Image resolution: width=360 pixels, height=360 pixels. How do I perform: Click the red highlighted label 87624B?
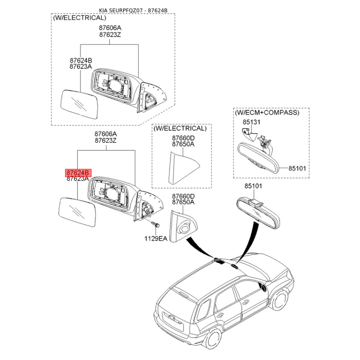click(78, 172)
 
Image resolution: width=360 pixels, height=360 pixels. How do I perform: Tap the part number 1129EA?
click(156, 238)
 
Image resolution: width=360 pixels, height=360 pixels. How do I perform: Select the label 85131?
click(252, 122)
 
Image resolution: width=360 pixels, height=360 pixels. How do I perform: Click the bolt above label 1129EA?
click(155, 224)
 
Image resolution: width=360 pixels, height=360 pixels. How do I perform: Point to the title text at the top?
click(133, 10)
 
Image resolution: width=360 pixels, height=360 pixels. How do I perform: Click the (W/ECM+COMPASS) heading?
click(267, 112)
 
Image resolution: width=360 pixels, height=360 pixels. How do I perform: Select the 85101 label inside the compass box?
click(297, 168)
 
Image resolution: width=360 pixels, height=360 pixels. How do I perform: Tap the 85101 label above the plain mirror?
click(253, 186)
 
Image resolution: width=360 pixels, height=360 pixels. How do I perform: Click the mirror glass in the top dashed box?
click(79, 104)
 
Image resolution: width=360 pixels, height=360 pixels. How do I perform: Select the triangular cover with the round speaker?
click(183, 227)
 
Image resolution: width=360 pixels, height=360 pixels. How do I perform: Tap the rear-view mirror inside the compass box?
click(258, 158)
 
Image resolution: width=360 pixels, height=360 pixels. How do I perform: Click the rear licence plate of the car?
click(173, 320)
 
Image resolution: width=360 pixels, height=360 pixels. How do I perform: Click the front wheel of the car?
click(279, 300)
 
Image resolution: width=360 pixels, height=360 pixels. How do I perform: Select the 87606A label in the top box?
click(110, 28)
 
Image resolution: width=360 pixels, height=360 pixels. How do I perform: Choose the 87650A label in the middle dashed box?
click(183, 144)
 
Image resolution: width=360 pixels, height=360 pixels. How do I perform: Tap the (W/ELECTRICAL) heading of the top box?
click(80, 18)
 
